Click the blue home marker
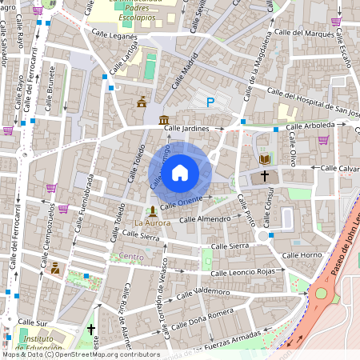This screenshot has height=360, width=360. pos(180,172)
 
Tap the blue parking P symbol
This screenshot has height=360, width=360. pos(210,102)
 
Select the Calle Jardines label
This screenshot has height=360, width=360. pos(186,128)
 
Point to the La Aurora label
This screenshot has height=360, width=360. pos(151,222)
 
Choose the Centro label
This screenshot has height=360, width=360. pos(131,256)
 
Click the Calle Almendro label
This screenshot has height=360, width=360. pos(205,218)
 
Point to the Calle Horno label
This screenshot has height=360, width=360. pos(302,255)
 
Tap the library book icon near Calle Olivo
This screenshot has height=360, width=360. pos(265,159)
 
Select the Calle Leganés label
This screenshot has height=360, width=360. pos(115,36)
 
